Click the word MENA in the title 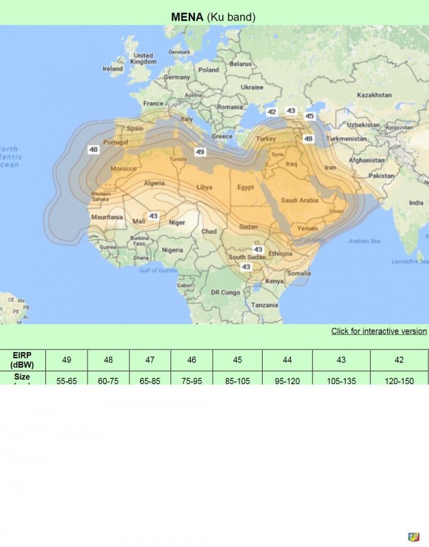pos(187,16)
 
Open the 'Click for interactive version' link pos(378,331)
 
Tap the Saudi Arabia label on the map pos(300,200)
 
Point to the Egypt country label pos(245,187)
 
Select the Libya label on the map pos(204,187)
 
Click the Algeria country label pos(154,183)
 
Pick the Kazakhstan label pos(374,94)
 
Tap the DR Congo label pos(224,292)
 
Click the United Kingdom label pos(144,58)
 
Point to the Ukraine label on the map pos(252,88)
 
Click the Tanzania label pos(264,305)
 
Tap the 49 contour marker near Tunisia pos(200,152)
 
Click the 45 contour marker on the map pos(309,116)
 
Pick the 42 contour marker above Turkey pos(272,111)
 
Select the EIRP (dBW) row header pos(23,360)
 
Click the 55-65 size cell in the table pos(66,379)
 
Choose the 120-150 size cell pos(399,379)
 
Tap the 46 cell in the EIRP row pos(192,360)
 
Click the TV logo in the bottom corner pos(413,537)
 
